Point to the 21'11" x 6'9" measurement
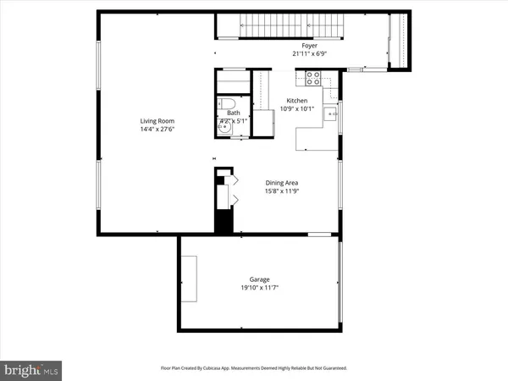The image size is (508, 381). pos(310,53)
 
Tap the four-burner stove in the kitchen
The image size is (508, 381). pos(311,79)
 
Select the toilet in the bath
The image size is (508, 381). pos(226,105)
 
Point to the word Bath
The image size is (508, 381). pos(233,113)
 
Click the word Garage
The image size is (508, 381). pos(259,279)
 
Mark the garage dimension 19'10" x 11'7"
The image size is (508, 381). pos(259,288)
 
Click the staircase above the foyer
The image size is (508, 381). pos(288,25)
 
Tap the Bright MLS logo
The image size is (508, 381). pos(32,369)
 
